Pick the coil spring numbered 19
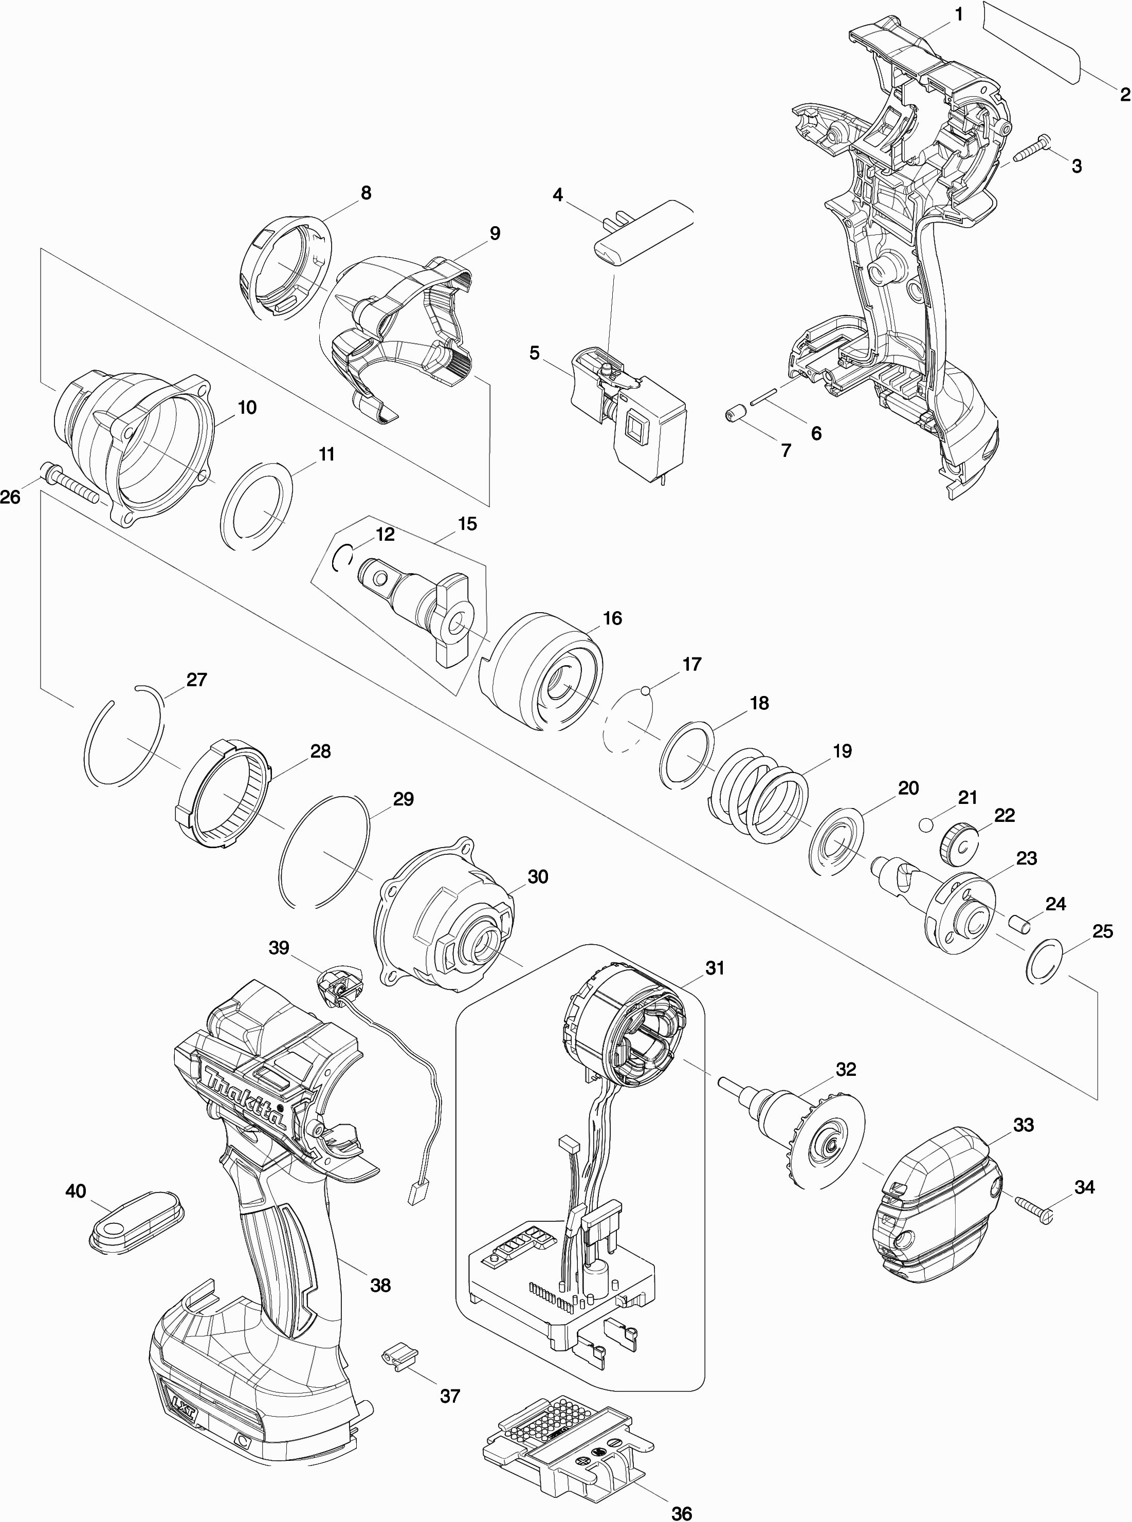(757, 795)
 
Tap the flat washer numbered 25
(1045, 962)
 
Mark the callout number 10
(247, 407)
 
